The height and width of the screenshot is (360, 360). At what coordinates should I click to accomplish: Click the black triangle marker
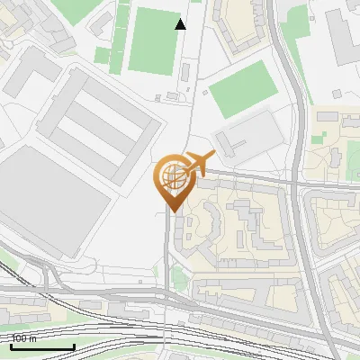point(181,24)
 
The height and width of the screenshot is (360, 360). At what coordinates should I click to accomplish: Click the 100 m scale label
point(24,338)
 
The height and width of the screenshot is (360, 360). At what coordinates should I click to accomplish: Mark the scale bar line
point(41,346)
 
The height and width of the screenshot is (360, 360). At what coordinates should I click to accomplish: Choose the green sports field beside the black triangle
point(151,40)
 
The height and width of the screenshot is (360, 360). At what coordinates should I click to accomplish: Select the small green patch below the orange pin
point(177,281)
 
